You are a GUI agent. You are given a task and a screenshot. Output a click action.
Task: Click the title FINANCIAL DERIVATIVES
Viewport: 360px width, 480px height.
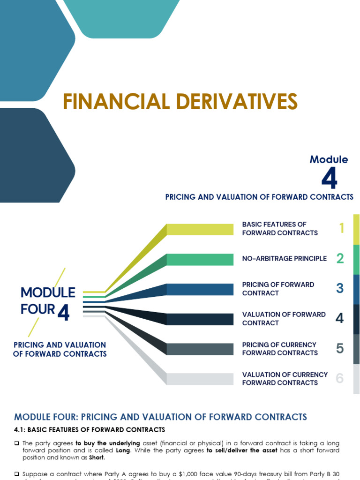[180, 102]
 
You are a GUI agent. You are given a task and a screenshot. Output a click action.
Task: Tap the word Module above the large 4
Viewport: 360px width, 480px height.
[329, 159]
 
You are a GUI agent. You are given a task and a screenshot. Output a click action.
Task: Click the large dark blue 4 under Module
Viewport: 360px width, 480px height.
[329, 179]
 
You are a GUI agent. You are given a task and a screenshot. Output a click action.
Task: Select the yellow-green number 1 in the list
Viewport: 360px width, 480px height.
[341, 228]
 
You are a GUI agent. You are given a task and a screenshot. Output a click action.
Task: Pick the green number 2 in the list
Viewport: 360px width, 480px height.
[340, 258]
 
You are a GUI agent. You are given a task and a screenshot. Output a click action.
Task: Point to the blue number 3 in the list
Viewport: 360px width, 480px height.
[340, 288]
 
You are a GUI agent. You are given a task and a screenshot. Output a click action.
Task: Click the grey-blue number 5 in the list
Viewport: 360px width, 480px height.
[340, 348]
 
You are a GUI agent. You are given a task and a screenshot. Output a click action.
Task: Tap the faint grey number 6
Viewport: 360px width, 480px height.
[340, 378]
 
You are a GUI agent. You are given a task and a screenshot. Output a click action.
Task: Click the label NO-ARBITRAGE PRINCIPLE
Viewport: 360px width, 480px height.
[285, 259]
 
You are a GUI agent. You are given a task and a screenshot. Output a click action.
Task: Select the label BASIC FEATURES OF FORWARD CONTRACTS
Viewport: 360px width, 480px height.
[280, 229]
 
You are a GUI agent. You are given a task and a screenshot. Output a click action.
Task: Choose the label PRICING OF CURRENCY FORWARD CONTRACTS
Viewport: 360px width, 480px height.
[280, 349]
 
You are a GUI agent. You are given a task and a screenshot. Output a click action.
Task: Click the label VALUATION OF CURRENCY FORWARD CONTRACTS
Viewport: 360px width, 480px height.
[285, 379]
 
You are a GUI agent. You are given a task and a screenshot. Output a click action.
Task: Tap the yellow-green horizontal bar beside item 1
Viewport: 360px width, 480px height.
[200, 229]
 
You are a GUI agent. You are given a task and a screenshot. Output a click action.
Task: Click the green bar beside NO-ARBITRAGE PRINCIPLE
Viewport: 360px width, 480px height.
[200, 259]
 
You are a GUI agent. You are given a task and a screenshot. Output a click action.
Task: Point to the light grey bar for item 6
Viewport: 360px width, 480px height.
[200, 379]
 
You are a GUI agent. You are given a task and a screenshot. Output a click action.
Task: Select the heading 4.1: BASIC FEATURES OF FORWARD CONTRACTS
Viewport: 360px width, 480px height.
[90, 429]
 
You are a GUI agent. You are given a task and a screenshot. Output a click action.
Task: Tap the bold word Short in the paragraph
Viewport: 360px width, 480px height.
[97, 457]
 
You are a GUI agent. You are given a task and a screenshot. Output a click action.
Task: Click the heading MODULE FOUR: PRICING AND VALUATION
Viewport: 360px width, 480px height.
[160, 417]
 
